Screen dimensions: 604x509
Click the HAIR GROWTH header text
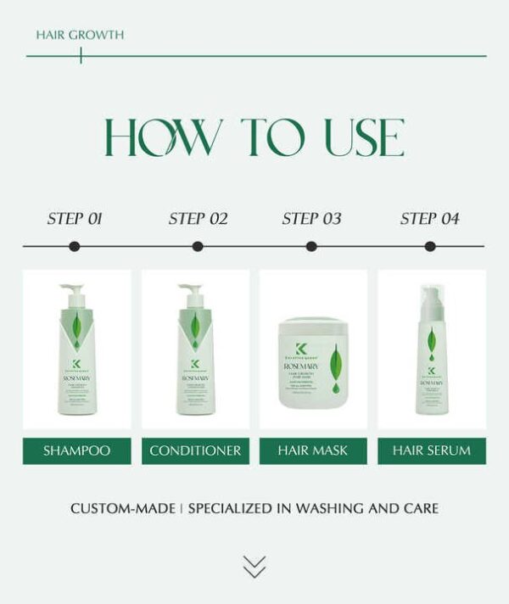click(x=80, y=35)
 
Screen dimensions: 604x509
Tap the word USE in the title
click(x=364, y=138)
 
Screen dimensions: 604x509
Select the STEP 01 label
click(x=75, y=219)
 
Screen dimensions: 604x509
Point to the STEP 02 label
click(x=198, y=219)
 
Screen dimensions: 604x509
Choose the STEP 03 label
click(x=311, y=219)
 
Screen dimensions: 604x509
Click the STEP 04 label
click(x=429, y=219)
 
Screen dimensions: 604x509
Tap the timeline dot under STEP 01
click(x=75, y=247)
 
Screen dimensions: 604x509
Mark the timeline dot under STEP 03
click(x=311, y=247)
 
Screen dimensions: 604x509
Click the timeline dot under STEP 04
click(x=430, y=247)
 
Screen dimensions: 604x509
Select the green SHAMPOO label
click(x=76, y=450)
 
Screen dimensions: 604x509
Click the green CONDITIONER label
click(x=195, y=450)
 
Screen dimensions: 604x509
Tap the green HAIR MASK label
click(x=313, y=450)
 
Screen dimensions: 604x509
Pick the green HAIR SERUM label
click(x=431, y=450)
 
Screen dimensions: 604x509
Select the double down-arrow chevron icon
click(x=254, y=567)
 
